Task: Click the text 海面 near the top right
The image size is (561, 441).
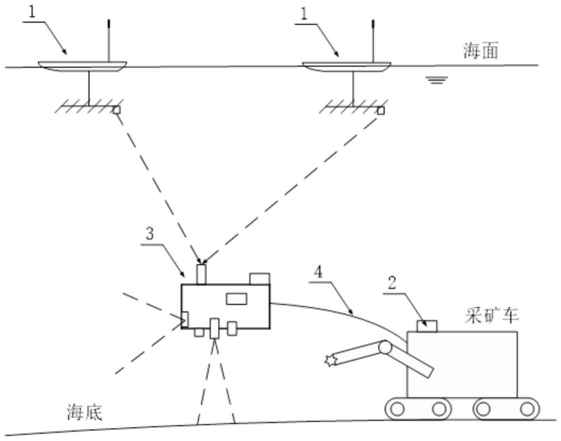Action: (480, 53)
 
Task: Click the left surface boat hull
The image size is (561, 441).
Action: (79, 66)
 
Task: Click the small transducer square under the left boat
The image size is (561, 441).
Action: (117, 110)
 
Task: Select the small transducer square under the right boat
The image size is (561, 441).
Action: (381, 110)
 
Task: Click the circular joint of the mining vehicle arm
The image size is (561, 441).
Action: (385, 348)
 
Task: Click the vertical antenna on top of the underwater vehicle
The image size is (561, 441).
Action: (201, 273)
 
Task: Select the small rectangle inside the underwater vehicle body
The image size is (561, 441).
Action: (236, 298)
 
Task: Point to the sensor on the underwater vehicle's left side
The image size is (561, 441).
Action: (185, 318)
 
